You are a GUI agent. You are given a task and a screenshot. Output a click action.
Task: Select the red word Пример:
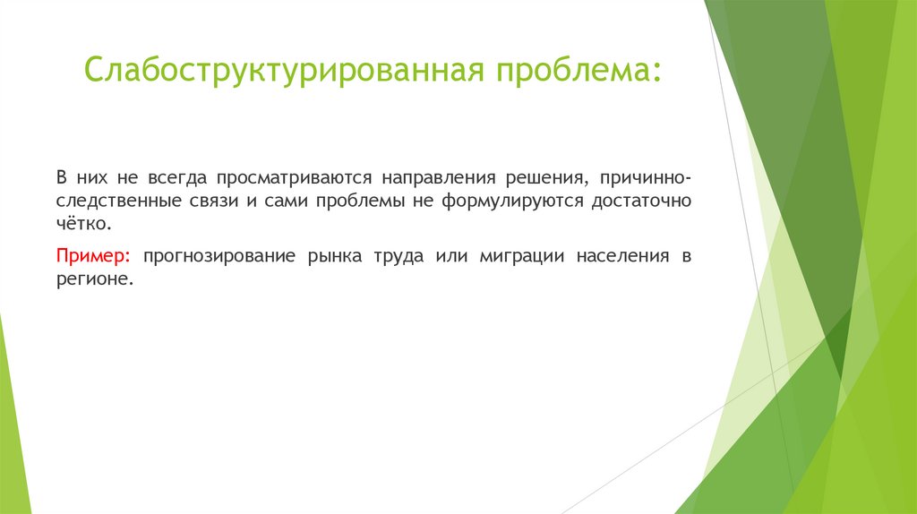point(94,256)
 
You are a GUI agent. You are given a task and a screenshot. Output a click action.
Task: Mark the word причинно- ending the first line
point(647,177)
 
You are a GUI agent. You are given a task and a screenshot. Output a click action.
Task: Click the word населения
point(622,256)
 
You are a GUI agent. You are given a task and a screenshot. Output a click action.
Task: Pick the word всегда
point(169,177)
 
